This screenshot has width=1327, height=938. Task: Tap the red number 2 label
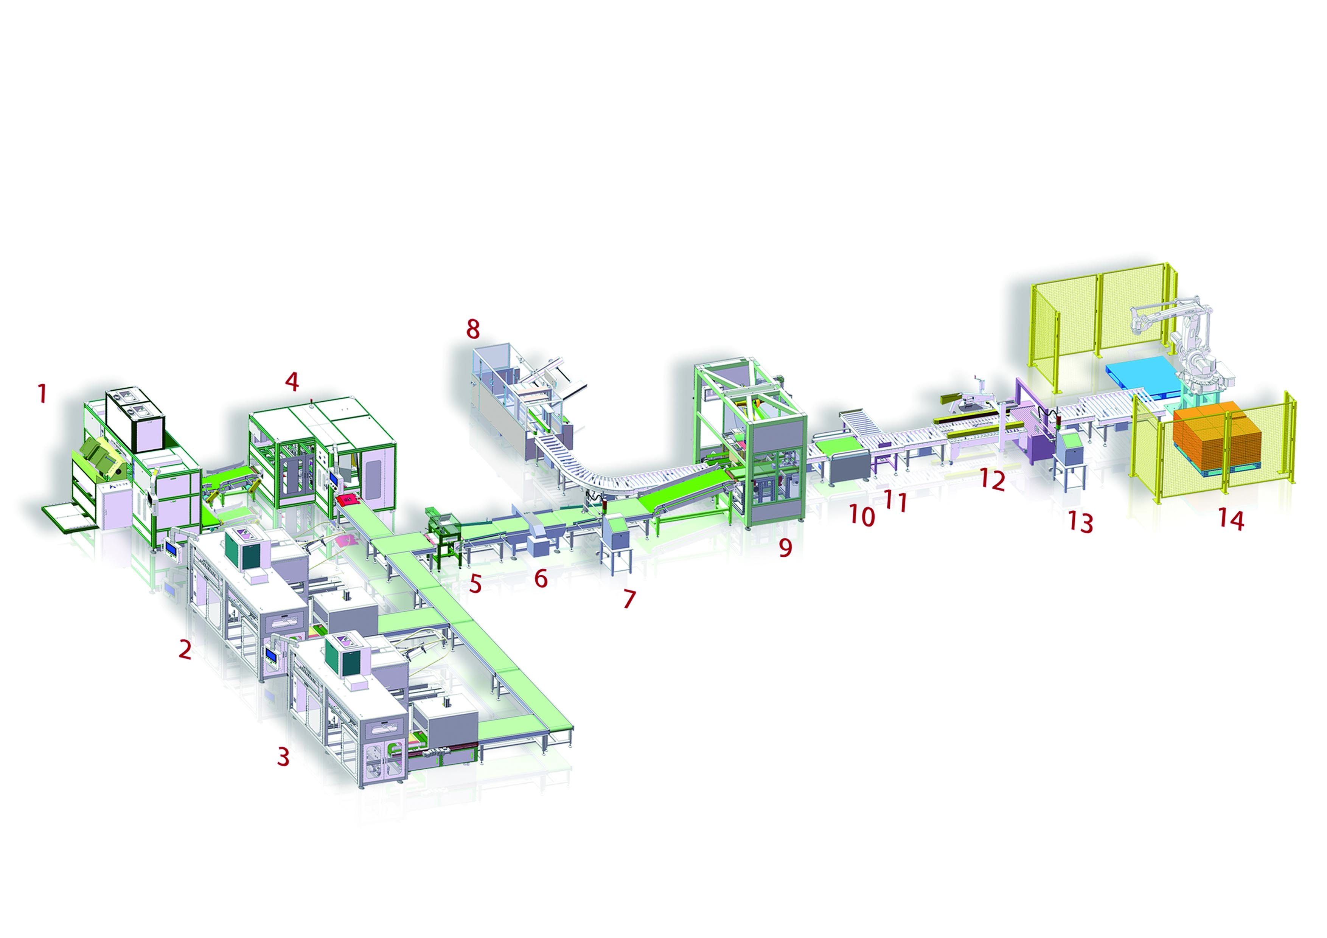point(184,650)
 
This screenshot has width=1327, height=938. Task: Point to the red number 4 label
point(292,382)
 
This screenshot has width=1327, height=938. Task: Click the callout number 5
point(475,584)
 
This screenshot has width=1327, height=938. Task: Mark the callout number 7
point(629,599)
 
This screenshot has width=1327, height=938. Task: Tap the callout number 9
point(785,547)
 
